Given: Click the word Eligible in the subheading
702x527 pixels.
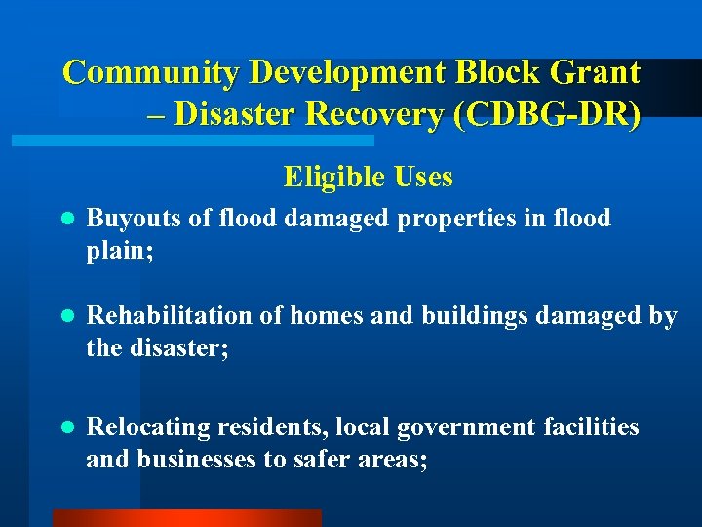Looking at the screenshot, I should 331,178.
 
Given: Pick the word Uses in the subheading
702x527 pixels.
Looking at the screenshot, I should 425,178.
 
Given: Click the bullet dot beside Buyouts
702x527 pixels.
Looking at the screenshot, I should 65,220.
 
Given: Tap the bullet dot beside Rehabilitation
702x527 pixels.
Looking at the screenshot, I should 65,318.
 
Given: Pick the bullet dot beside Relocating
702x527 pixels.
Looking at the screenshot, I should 65,428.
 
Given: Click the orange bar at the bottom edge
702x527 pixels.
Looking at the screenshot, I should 186,518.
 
